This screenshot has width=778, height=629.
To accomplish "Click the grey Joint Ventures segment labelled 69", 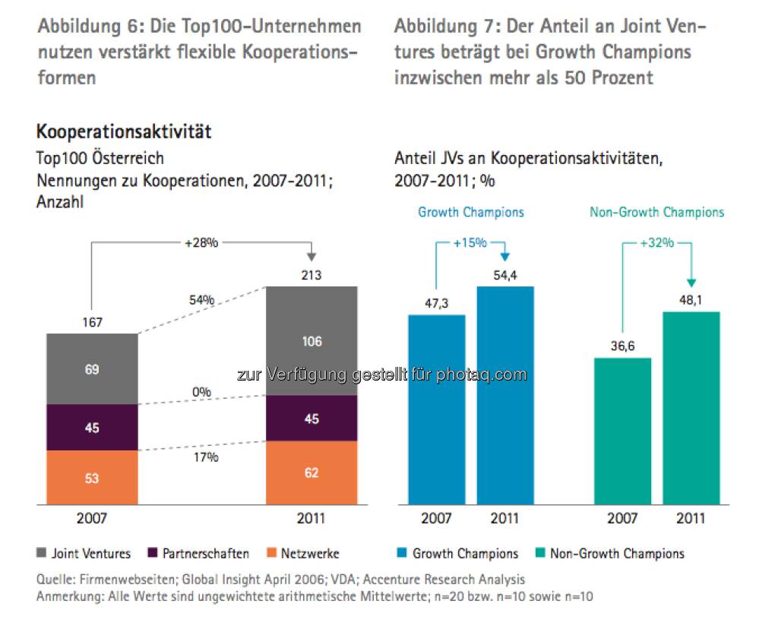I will [92, 369].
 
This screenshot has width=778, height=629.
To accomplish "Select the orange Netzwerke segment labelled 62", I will [311, 473].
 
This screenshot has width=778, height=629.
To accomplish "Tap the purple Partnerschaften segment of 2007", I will [92, 428].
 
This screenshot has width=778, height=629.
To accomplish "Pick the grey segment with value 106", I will [311, 341].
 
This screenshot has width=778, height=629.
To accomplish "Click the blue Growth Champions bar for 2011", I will [505, 395].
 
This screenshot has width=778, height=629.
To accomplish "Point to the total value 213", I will [311, 274].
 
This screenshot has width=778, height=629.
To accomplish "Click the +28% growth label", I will [201, 243].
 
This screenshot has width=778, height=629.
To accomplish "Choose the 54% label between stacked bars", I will [201, 301].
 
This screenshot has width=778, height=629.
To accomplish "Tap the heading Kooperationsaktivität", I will [123, 132].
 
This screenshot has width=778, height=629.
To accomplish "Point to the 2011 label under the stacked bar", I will [311, 519].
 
